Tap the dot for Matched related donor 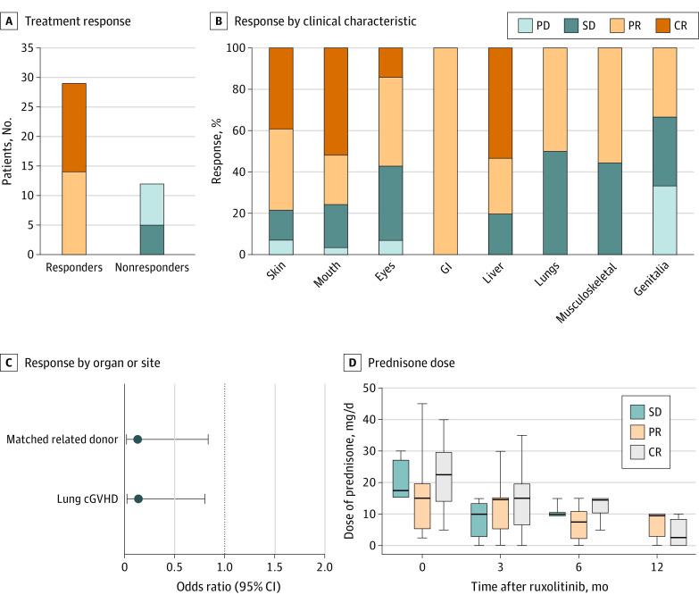[137, 440]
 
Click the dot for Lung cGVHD [137, 498]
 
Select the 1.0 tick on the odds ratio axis [224, 566]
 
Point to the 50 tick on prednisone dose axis [368, 389]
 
